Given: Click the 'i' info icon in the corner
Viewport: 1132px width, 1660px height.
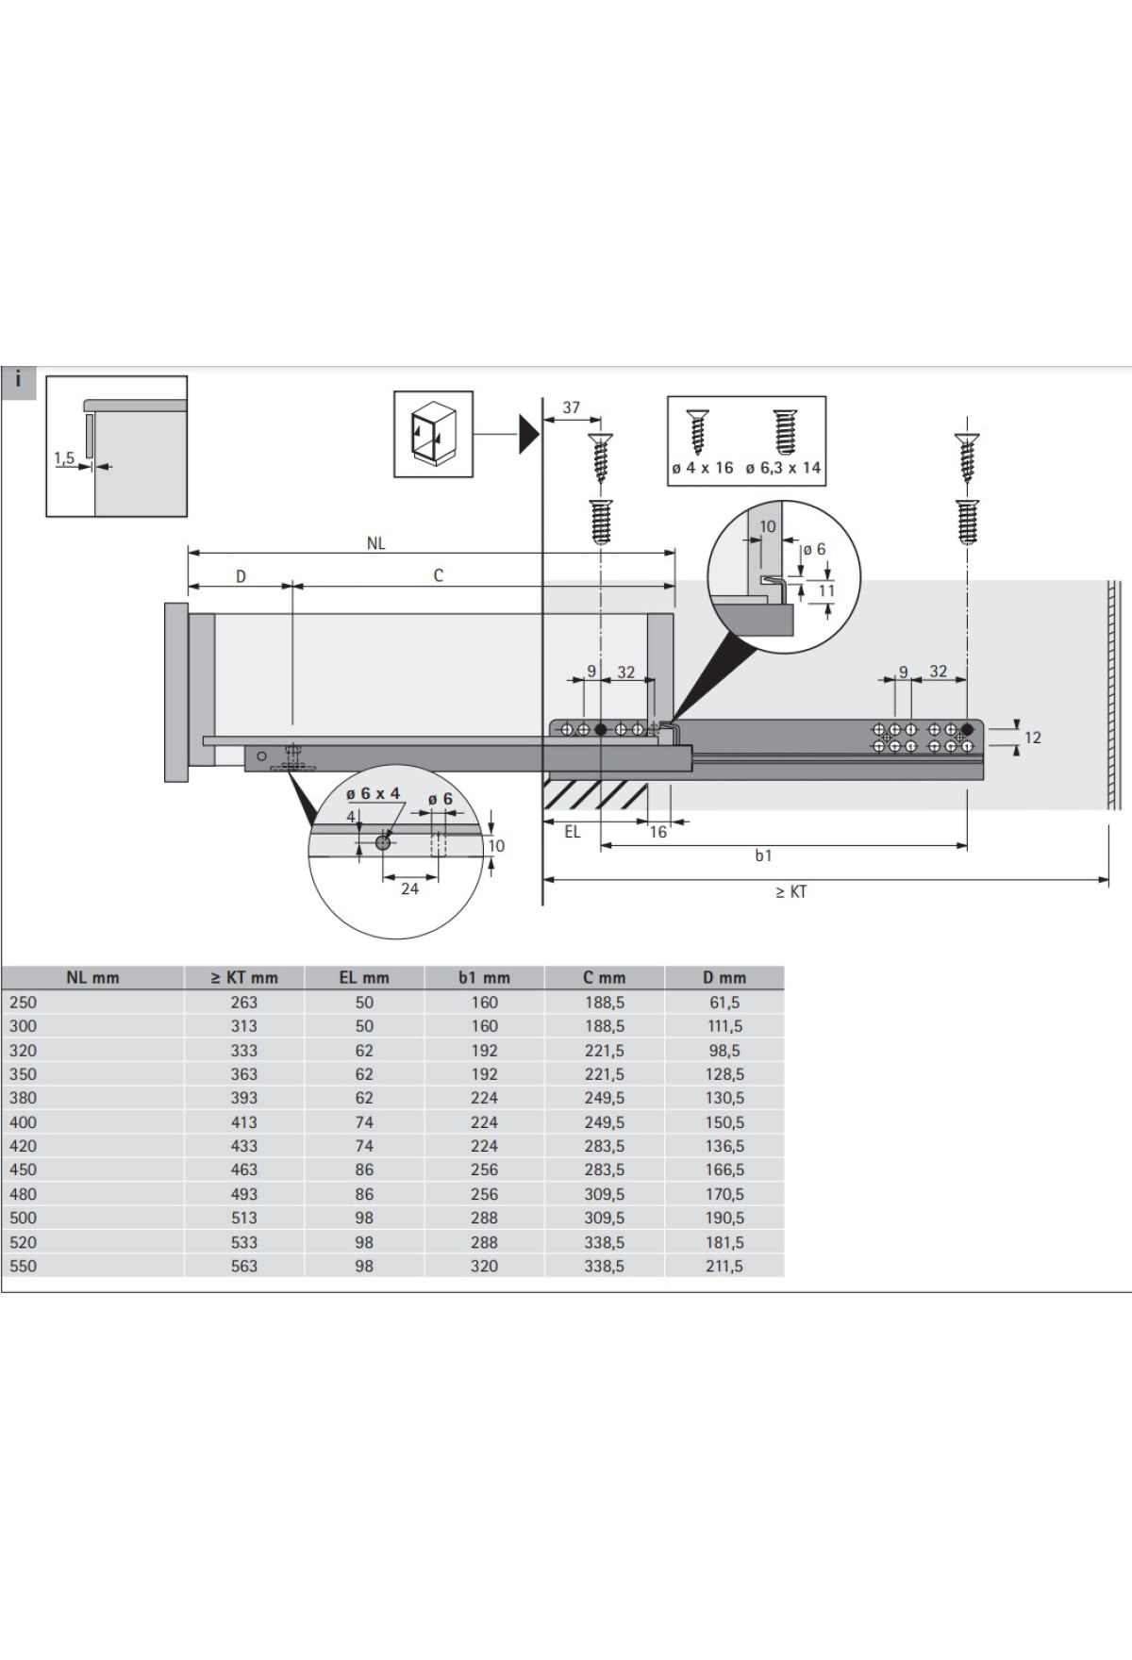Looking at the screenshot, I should point(18,383).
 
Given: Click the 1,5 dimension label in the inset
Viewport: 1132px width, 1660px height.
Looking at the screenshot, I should point(64,458).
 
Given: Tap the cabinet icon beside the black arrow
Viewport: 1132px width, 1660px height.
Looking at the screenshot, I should point(433,435).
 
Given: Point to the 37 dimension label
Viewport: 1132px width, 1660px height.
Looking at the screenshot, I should point(572,407).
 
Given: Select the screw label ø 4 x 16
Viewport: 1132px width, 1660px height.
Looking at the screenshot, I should point(702,468).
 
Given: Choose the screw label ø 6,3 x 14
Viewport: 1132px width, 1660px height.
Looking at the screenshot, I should point(783,468).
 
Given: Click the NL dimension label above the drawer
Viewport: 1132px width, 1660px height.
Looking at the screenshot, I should point(376,543).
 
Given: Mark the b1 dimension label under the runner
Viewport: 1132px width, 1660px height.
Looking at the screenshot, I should point(763,855).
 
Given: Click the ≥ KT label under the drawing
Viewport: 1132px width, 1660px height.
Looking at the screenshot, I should point(791,892).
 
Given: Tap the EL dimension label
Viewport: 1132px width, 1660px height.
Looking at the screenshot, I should point(573,832).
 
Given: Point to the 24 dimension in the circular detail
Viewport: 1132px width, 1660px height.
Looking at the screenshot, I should point(409,888).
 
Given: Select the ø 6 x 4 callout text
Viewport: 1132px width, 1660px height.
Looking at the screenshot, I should point(374,793).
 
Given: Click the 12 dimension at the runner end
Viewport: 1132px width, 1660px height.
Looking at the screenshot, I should point(1032,737).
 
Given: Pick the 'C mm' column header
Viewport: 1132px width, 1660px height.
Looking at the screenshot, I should point(604,978).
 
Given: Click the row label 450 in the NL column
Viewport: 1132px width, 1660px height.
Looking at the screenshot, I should point(24,1170).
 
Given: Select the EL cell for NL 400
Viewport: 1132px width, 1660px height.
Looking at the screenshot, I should point(364,1122).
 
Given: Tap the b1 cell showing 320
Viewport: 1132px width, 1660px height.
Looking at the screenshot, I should point(484,1266).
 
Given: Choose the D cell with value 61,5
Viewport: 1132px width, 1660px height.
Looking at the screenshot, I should point(724,1003).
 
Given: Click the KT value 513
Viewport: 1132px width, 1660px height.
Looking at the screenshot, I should point(243,1218).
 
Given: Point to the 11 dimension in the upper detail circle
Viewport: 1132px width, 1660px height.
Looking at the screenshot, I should point(826,591).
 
